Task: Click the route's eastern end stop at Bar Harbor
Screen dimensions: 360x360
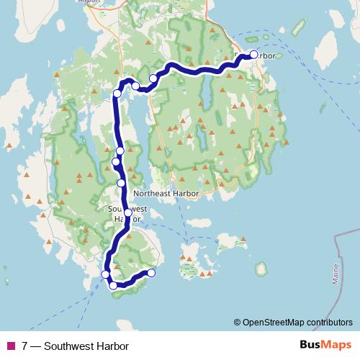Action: point(253,55)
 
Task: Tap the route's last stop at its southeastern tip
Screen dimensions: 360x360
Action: point(151,272)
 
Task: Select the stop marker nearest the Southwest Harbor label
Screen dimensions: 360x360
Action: point(128,212)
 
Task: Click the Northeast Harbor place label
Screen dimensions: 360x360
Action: point(167,194)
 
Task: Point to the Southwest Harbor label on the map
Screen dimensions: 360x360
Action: point(127,213)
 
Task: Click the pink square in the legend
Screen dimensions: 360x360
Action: point(10,346)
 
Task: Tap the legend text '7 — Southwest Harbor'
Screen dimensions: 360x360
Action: point(70,346)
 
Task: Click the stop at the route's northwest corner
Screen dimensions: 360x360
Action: point(117,93)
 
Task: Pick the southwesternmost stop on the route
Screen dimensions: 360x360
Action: point(105,274)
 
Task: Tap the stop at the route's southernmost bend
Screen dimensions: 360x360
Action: point(113,286)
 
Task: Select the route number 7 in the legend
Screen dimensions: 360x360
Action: point(25,346)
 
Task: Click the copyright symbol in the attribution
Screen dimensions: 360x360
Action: point(238,323)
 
